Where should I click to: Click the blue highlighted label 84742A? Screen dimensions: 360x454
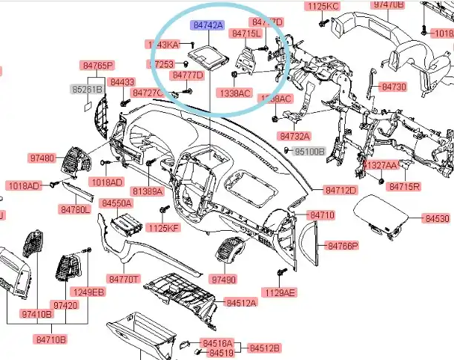[x=208, y=25]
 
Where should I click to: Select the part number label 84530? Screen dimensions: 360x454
[x=437, y=219]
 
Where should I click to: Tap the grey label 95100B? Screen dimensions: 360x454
[x=310, y=151]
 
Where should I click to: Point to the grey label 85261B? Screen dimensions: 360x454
[x=87, y=89]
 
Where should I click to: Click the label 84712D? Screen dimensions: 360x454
[x=341, y=190]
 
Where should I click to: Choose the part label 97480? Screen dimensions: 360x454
[x=42, y=158]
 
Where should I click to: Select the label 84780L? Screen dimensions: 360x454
[x=75, y=210]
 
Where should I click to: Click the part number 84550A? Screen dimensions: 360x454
[x=116, y=203]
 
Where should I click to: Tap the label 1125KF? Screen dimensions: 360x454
[x=163, y=227]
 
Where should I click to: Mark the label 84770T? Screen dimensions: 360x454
[x=124, y=279]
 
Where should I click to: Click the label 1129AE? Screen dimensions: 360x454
[x=280, y=293]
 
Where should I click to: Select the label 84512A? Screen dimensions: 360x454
[x=241, y=303]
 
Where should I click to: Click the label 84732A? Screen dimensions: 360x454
[x=295, y=137]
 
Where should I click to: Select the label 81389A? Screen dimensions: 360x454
[x=148, y=192]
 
